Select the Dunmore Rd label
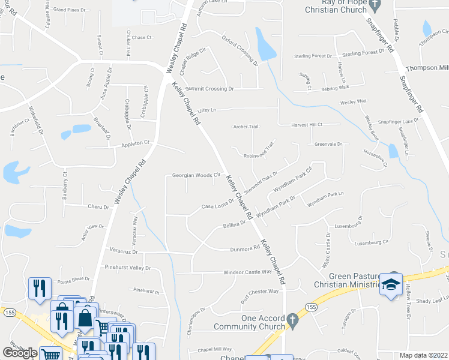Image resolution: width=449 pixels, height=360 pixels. (x=244, y=249)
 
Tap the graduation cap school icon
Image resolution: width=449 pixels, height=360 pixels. (x=390, y=284)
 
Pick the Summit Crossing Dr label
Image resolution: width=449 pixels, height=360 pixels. (x=209, y=88)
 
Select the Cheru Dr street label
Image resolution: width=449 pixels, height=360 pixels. (x=98, y=207)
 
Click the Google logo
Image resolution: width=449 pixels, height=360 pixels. (x=20, y=353)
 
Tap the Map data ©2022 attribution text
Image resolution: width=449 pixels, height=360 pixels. (x=423, y=355)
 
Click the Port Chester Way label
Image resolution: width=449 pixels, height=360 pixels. (x=260, y=292)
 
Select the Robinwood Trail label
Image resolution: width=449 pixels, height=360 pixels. (x=259, y=150)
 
